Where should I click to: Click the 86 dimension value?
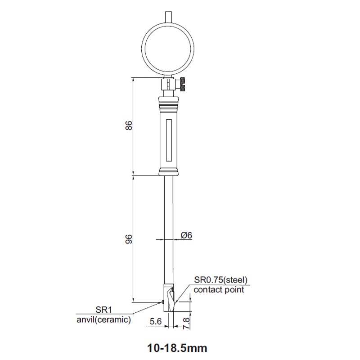click(x=129, y=126)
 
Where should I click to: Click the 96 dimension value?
click(x=129, y=239)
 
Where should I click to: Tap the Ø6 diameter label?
click(x=186, y=235)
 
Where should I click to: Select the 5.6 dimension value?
click(x=156, y=321)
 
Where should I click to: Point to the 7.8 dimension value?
click(x=186, y=323)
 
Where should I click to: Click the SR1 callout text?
click(x=104, y=310)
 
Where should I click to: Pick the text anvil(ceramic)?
click(x=104, y=319)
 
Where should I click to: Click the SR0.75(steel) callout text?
click(x=220, y=280)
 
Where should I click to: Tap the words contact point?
click(x=219, y=289)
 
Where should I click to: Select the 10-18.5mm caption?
click(x=177, y=348)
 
